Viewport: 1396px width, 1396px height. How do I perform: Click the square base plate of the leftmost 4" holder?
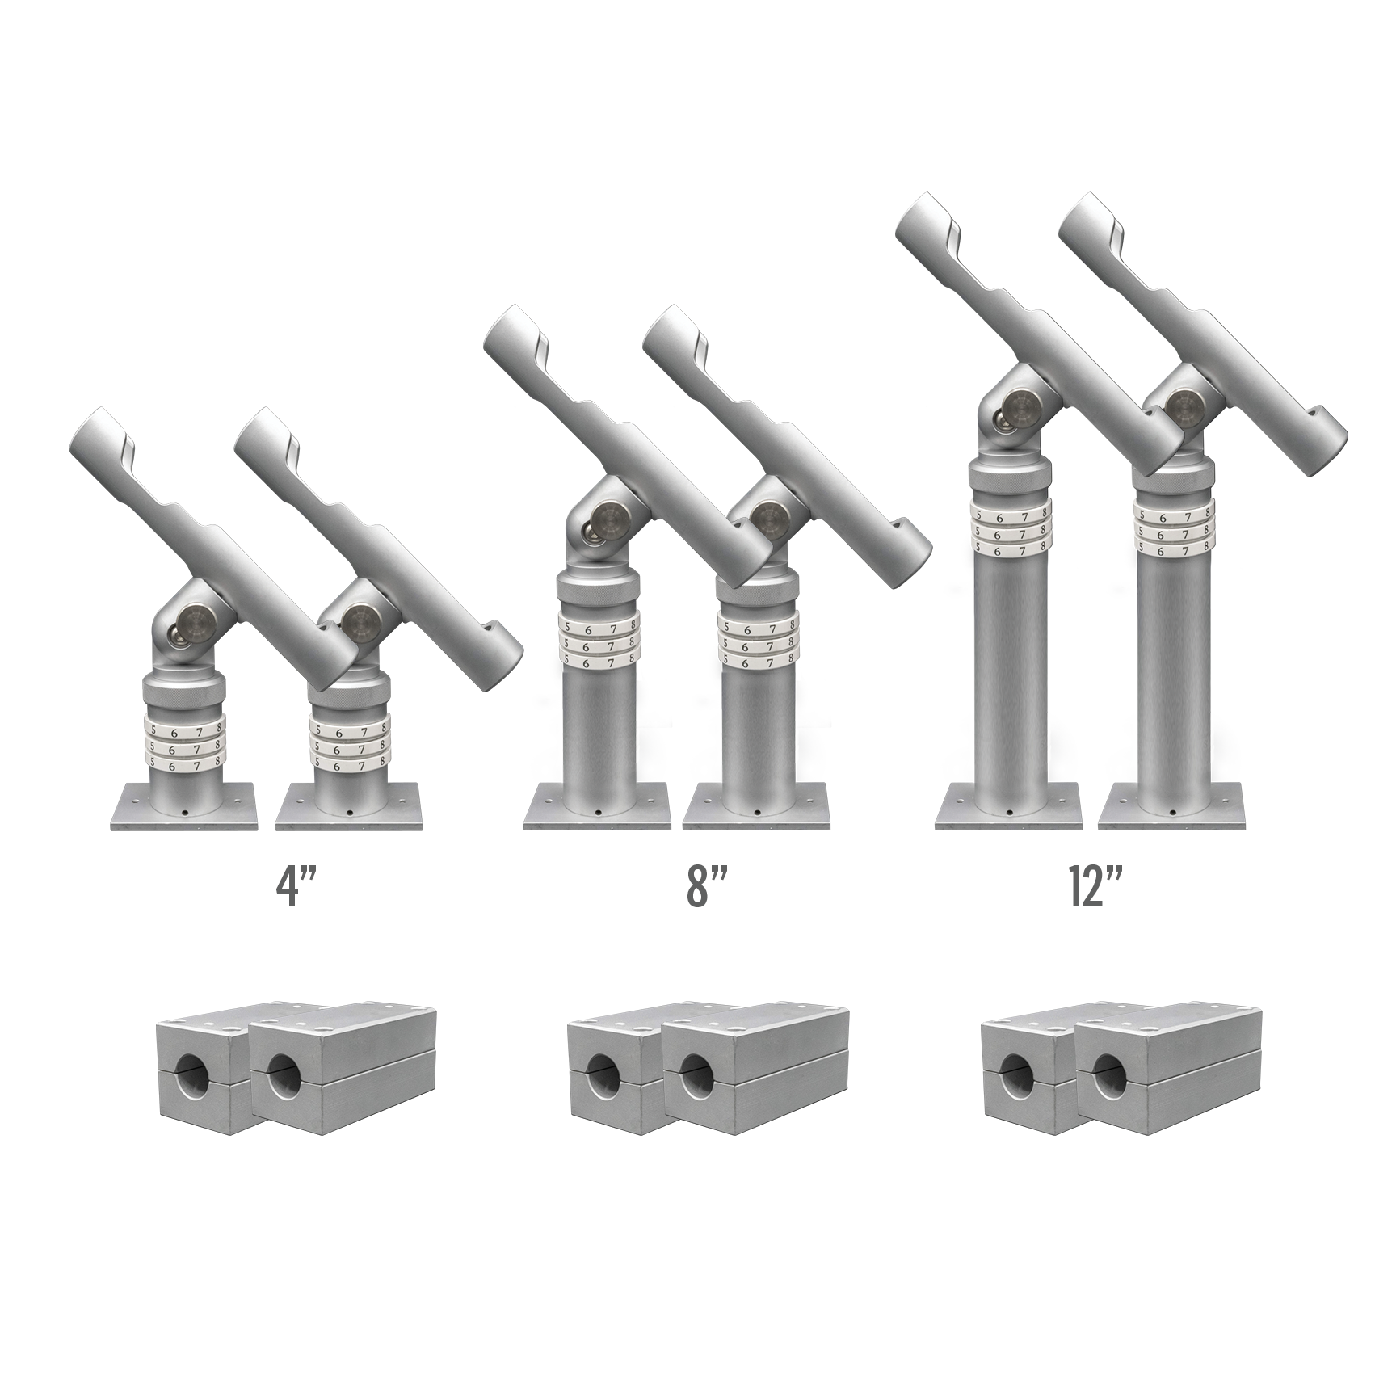pos(183,806)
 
